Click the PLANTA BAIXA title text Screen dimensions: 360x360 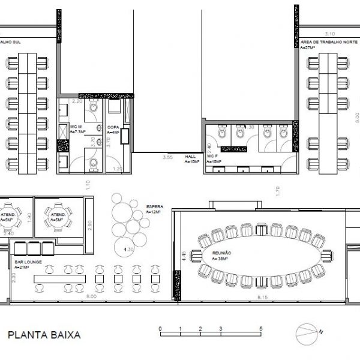click(44, 335)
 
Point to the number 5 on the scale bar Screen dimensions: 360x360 click(261, 328)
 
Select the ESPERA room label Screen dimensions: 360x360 click(154, 207)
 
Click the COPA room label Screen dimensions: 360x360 click(113, 127)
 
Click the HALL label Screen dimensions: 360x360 click(191, 157)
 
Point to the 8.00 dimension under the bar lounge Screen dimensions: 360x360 click(91, 297)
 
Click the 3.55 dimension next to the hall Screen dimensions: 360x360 click(168, 157)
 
